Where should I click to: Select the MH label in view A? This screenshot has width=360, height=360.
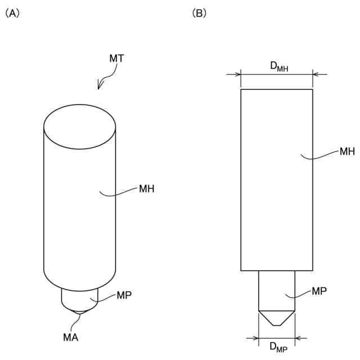point(147,188)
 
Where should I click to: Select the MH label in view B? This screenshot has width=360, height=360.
point(347,151)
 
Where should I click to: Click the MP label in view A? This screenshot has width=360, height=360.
point(124,295)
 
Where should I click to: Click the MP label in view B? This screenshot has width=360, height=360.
point(319,291)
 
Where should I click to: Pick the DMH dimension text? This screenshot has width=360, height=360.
point(279,67)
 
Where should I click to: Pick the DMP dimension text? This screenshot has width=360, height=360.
point(278,348)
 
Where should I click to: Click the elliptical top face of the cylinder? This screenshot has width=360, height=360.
point(80,128)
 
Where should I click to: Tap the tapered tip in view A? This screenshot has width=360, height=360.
point(80,308)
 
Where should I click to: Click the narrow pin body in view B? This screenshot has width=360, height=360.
point(276,290)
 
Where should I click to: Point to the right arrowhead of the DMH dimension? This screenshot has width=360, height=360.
point(316,74)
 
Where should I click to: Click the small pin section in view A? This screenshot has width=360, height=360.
point(80,295)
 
